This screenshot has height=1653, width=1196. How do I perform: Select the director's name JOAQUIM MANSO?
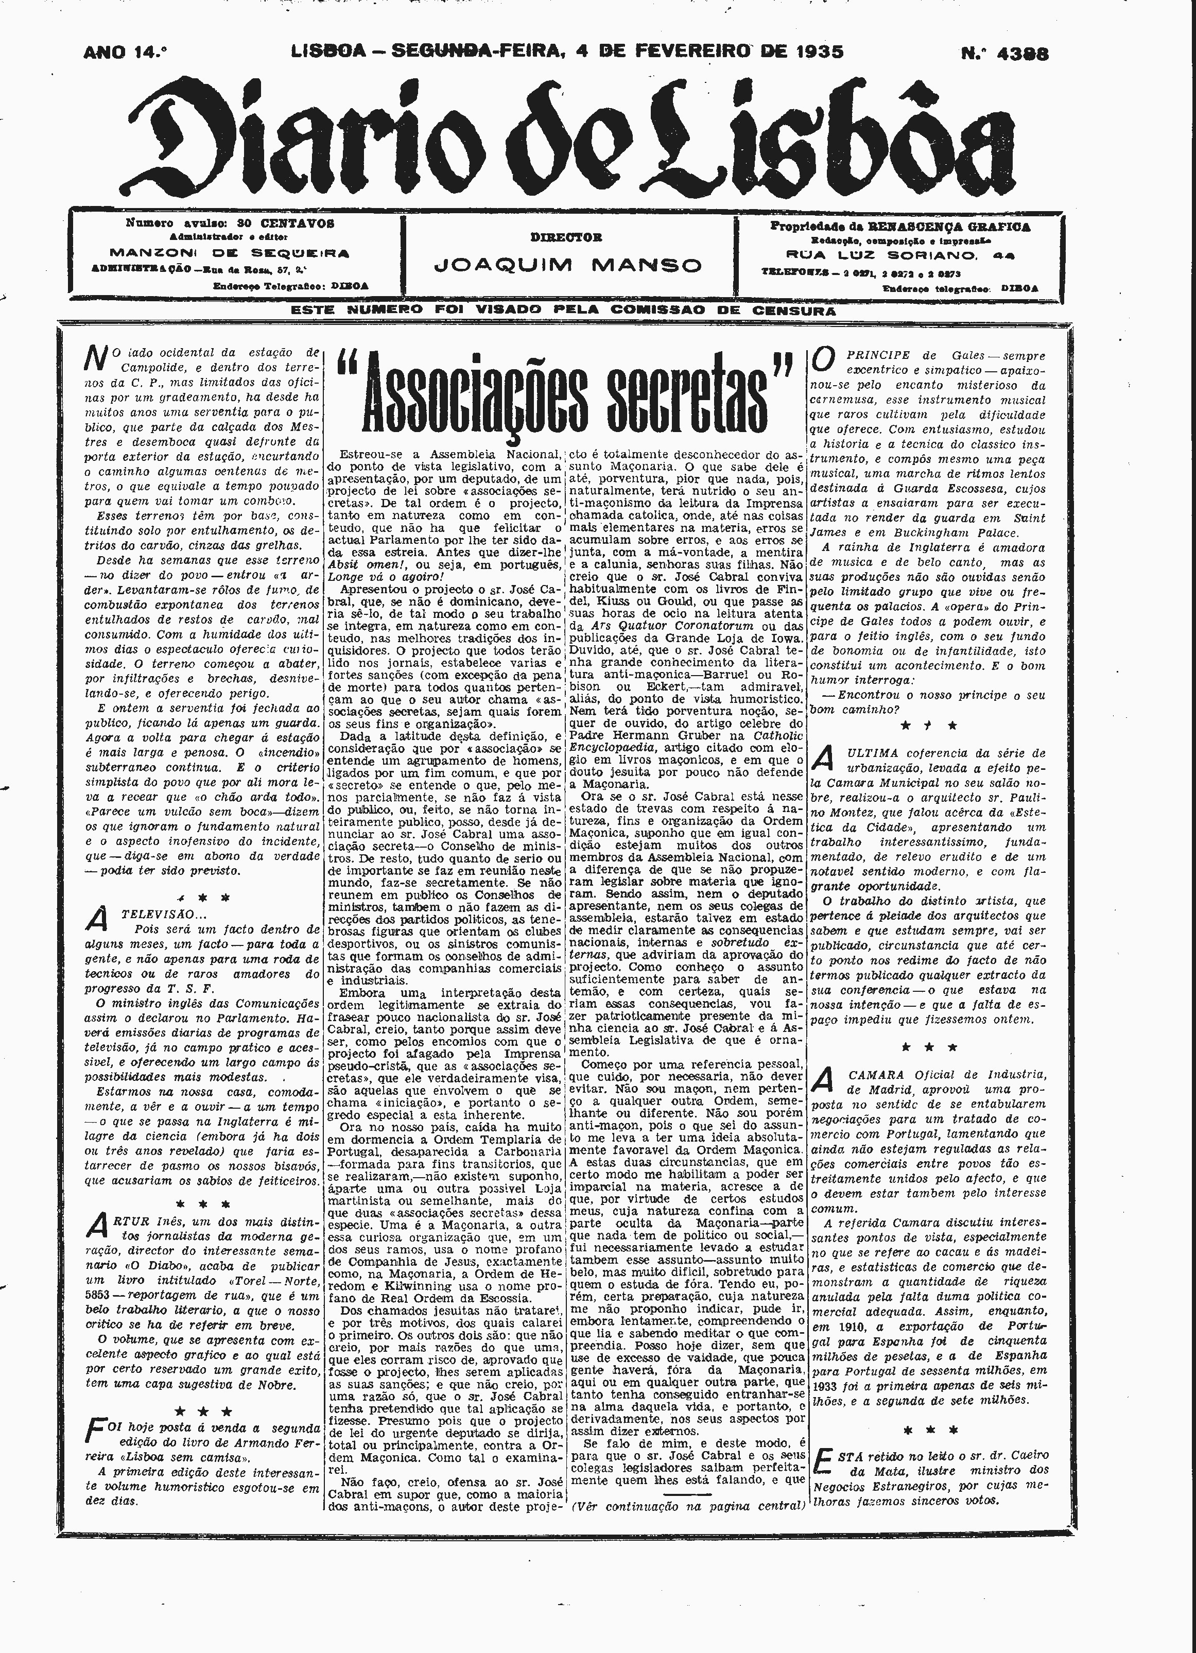pyautogui.click(x=568, y=265)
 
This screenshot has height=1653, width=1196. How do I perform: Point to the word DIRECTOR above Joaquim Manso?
pyautogui.click(x=566, y=237)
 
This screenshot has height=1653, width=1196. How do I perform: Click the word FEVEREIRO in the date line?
pyautogui.click(x=696, y=51)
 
